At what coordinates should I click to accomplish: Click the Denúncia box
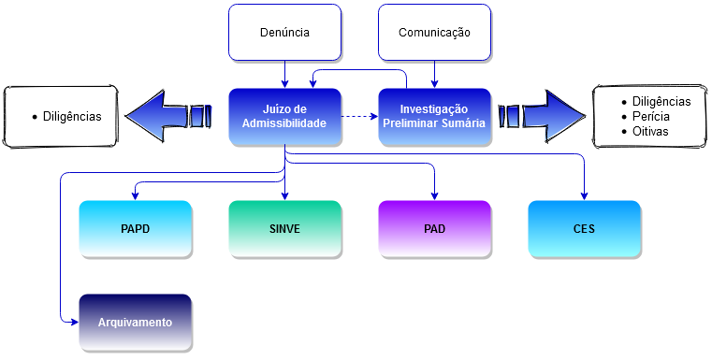pos(284,33)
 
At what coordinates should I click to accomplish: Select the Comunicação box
pos(434,33)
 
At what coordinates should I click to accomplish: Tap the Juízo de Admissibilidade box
pos(284,117)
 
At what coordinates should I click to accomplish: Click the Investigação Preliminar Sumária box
pos(434,117)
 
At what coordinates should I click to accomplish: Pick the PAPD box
pos(135,229)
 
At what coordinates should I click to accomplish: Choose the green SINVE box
pos(284,229)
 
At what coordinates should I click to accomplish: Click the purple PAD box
pos(434,229)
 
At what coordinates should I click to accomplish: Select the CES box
pos(584,229)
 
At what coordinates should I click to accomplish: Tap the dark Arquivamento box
pos(135,323)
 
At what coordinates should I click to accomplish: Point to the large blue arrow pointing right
pos(543,116)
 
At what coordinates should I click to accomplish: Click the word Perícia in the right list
pos(651,117)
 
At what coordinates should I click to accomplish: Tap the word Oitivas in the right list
pos(652,132)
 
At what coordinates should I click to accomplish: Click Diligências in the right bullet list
pos(661,101)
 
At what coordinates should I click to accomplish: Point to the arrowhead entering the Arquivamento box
pos(73,321)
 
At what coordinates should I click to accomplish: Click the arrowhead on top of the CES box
pos(584,195)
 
